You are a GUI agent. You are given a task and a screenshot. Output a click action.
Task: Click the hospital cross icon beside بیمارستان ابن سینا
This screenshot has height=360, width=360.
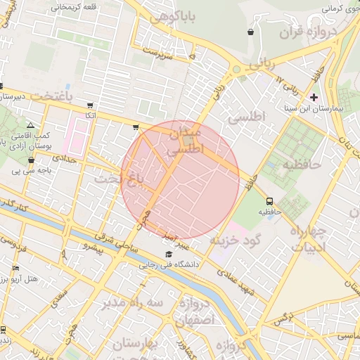click(314, 96)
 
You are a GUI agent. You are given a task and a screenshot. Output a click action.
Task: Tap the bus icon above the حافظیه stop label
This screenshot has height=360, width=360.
click(269, 200)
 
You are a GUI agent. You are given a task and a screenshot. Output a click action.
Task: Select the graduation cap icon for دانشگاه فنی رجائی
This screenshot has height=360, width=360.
click(168, 255)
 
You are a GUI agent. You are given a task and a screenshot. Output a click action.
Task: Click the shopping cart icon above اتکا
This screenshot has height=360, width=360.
click(90, 105)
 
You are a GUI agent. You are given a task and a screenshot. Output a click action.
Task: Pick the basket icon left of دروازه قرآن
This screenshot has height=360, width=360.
click(251, 32)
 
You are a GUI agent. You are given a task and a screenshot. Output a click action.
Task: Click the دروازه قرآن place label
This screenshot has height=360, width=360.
click(300, 32)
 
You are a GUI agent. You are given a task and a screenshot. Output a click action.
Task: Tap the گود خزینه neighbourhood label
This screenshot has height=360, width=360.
click(236, 240)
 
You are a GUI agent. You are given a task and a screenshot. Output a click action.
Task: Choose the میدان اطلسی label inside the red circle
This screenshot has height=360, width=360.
click(185, 140)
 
